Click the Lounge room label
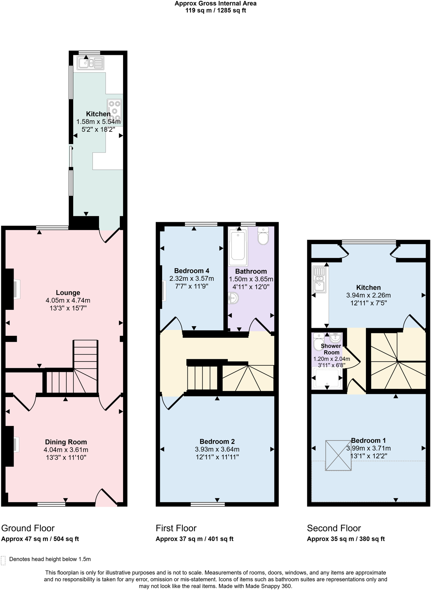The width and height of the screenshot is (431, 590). point(68,293)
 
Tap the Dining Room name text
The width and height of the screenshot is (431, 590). point(66,442)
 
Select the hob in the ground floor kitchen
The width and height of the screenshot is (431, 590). point(114,110)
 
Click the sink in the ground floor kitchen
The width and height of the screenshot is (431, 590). point(90,63)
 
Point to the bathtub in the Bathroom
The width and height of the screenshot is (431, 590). point(238,246)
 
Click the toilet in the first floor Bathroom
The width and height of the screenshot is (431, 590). point(263,235)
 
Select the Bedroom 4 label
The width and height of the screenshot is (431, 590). point(192,271)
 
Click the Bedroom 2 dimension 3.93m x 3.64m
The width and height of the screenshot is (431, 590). point(217,449)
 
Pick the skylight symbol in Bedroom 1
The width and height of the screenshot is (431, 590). point(338,455)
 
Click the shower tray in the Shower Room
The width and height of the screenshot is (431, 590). point(327,378)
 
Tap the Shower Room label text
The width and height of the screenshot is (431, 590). point(331,349)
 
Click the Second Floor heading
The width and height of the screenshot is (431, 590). point(334,528)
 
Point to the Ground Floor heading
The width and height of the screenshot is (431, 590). point(28,528)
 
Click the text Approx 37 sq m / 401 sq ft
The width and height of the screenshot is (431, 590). point(194,539)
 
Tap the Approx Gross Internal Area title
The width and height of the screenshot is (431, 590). point(215,3)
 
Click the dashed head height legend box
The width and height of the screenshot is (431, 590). point(3,560)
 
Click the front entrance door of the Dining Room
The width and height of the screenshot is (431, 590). point(106,497)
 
